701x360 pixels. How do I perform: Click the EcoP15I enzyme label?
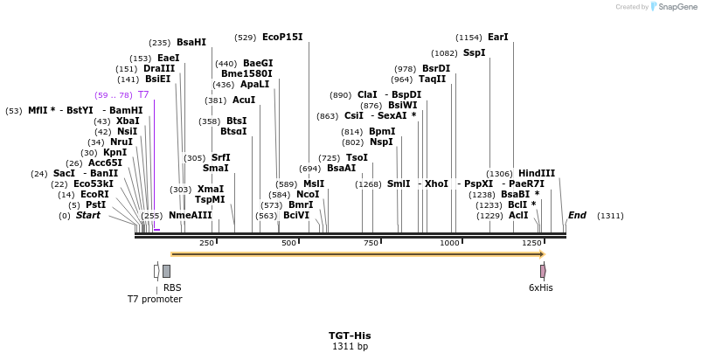(x=282, y=38)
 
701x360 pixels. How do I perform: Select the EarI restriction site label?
(x=497, y=38)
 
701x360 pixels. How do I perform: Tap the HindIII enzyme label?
(x=536, y=174)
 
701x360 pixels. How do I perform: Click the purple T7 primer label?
(x=143, y=94)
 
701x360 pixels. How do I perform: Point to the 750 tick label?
(x=371, y=243)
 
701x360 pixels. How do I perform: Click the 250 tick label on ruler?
(x=206, y=243)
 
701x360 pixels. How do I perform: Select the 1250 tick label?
(x=531, y=243)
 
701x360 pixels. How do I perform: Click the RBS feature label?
(x=172, y=287)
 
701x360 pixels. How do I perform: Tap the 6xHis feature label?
(x=540, y=287)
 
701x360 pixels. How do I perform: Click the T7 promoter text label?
(x=155, y=299)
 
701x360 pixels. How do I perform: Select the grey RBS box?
(x=166, y=271)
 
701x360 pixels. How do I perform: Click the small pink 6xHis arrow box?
(x=543, y=271)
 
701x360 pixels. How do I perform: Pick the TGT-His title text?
(x=350, y=336)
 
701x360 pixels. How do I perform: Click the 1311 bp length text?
(x=350, y=347)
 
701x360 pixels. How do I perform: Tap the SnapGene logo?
(x=673, y=7)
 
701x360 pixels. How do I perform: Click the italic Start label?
(x=87, y=216)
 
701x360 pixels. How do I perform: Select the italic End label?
(x=577, y=216)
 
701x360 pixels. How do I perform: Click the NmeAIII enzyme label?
(x=190, y=216)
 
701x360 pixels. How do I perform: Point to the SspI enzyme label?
(x=474, y=53)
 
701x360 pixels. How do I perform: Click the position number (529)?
(x=246, y=38)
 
